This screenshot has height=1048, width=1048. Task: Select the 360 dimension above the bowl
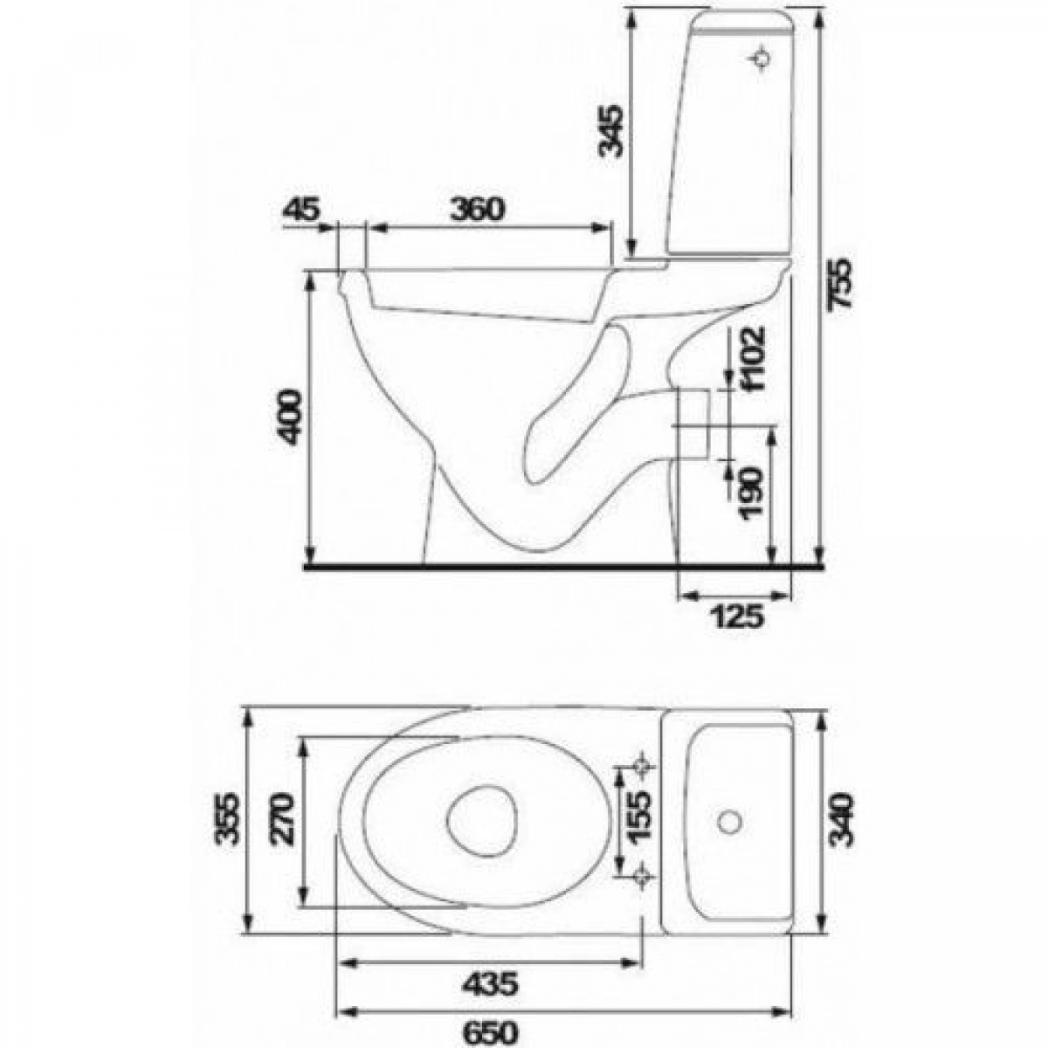478,209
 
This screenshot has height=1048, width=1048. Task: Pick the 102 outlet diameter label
754,357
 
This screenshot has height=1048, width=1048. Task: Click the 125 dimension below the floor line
738,617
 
